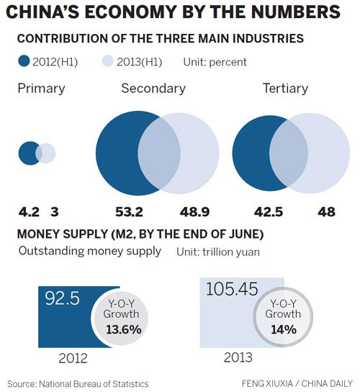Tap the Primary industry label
click(x=41, y=89)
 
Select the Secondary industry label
click(x=153, y=89)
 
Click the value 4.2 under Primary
click(x=28, y=213)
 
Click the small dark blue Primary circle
click(x=30, y=153)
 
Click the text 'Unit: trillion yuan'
click(x=217, y=253)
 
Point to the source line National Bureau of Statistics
click(x=78, y=383)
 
